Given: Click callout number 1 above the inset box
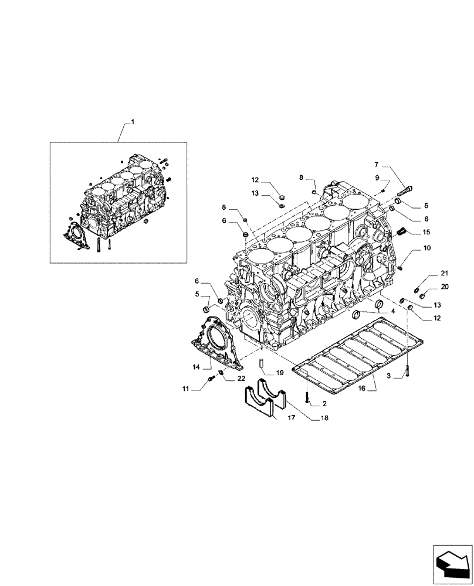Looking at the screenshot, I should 133,122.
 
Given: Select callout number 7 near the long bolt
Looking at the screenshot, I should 377,165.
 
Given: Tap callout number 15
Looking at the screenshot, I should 426,232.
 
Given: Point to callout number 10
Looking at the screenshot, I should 426,249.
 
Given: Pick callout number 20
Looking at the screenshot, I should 444,287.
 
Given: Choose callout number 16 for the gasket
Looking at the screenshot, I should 361,389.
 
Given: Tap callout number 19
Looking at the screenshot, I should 279,372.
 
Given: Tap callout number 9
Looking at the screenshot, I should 377,176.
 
